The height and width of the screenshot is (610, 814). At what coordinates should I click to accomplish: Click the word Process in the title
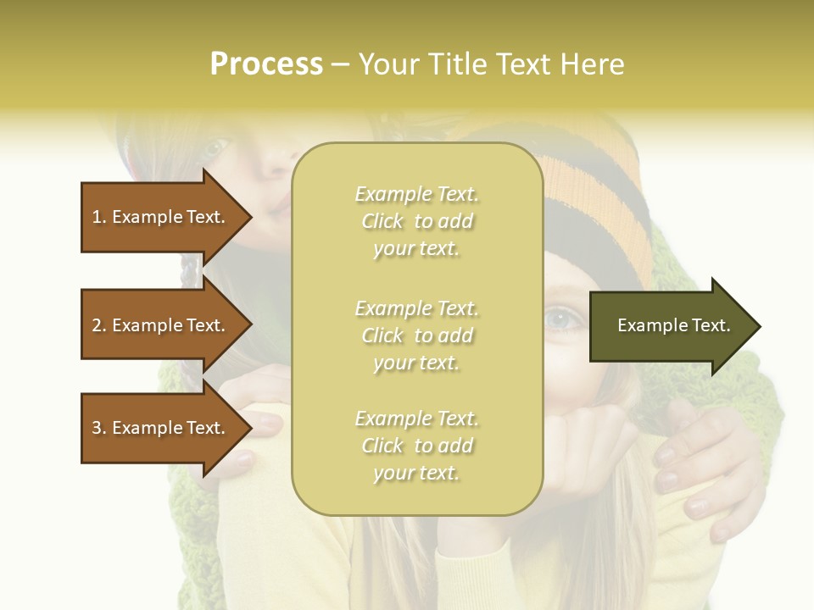click(266, 64)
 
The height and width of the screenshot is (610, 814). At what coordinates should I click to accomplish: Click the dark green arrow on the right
click(670, 326)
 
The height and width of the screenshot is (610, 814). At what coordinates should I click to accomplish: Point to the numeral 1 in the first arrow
click(97, 217)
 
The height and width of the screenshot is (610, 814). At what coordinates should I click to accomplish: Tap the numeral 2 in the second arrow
click(97, 325)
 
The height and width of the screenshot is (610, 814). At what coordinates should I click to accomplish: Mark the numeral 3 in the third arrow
click(97, 428)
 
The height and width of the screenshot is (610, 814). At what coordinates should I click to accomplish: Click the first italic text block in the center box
click(416, 221)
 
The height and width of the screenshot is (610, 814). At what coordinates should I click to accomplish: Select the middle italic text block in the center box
click(416, 335)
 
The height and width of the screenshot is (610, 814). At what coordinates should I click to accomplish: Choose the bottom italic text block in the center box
click(416, 446)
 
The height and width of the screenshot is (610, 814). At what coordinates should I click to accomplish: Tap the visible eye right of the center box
click(565, 319)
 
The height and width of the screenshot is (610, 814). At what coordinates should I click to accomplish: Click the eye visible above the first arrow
click(214, 147)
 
